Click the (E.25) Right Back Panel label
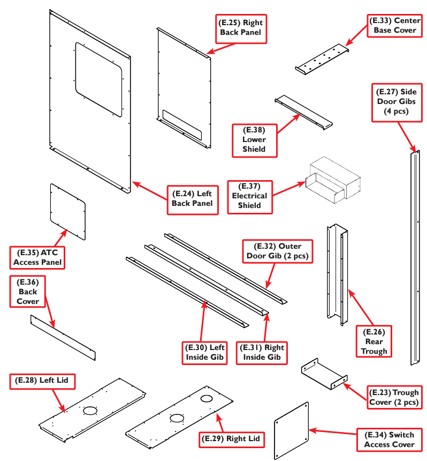click(241, 28)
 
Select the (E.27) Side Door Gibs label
click(396, 102)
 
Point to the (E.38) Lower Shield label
click(254, 139)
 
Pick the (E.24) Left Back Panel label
click(193, 198)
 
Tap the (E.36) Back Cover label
click(28, 292)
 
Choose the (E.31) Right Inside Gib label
click(263, 352)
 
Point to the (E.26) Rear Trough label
click(374, 341)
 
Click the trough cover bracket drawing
click(324, 374)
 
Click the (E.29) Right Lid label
click(232, 438)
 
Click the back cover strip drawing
click(63, 338)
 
